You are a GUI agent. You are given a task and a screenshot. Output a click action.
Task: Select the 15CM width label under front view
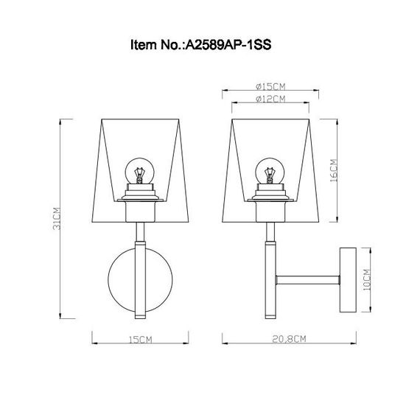pyautogui.click(x=139, y=340)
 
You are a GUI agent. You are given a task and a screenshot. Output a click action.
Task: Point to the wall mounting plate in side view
pyautogui.click(x=346, y=280)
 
